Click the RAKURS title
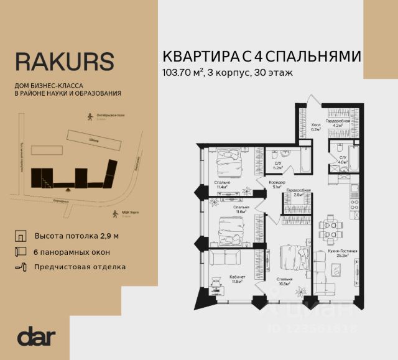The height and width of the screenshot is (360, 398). tap(64, 62)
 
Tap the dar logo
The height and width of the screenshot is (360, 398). tap(37, 336)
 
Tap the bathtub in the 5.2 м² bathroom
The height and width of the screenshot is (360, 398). tap(305, 160)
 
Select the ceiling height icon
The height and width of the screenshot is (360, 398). tap(22, 238)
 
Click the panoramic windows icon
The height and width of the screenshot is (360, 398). tap(22, 252)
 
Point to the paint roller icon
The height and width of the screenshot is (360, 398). tap(22, 267)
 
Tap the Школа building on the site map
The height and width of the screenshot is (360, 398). tap(94, 139)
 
